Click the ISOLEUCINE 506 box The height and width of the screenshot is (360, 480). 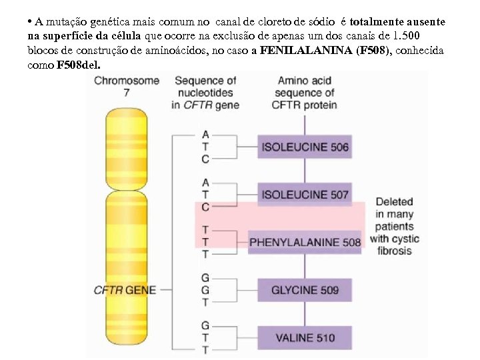click(305, 147)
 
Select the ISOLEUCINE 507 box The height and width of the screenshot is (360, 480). click(305, 195)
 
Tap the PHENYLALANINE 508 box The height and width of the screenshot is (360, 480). click(305, 242)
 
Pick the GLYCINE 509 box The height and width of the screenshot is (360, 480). click(305, 290)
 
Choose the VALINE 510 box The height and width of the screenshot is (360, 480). click(305, 337)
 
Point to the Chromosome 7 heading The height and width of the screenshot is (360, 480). click(127, 87)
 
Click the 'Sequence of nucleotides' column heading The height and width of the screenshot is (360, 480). click(205, 93)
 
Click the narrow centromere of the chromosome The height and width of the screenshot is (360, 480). click(127, 190)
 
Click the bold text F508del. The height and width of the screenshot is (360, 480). click(79, 65)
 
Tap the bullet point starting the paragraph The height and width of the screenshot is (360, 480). click(31, 22)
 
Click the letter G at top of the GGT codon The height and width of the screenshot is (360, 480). click(205, 277)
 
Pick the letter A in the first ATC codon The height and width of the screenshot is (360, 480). click(205, 135)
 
